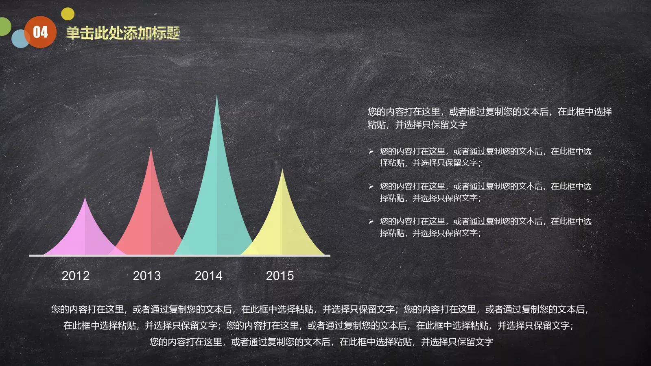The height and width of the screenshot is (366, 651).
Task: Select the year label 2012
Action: pos(76,276)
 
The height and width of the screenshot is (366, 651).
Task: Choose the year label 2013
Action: pos(147,276)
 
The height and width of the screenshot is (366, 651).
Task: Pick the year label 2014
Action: pos(209,276)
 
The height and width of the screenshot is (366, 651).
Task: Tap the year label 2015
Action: pos(280,276)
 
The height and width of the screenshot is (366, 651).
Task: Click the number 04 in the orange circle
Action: pos(40,32)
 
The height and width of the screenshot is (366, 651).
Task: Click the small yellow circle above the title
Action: pos(68,14)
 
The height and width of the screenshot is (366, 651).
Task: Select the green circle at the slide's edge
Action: pos(4,26)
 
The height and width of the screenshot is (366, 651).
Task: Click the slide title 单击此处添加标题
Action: pos(123,33)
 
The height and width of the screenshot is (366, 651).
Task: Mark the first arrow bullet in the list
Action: pos(371,151)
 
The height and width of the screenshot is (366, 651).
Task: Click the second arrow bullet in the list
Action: pos(371,186)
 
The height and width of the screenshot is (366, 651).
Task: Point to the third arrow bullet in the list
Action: pos(371,221)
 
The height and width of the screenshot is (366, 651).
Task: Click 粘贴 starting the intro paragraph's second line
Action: pos(377,125)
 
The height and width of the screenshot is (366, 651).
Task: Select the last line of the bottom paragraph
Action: pos(321,342)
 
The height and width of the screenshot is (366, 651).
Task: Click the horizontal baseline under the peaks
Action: pos(179,255)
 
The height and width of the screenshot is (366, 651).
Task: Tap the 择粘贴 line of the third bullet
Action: pos(430,233)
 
